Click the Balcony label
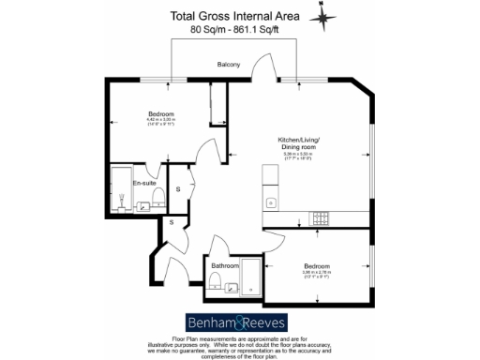(x=229, y=64)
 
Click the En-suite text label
(x=143, y=183)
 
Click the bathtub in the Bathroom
(x=251, y=279)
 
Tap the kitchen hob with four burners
(x=321, y=219)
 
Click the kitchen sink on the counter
(x=270, y=202)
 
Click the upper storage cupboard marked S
(x=178, y=190)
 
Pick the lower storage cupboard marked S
(x=172, y=222)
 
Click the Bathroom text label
(x=226, y=266)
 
